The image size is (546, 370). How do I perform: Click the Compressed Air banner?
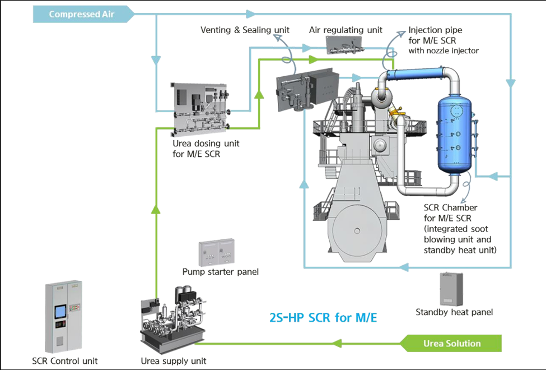click(x=81, y=14)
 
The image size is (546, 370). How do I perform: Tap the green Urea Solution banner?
click(x=451, y=343)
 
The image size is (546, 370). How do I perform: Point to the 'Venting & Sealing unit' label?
click(x=245, y=30)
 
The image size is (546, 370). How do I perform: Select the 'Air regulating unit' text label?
click(x=346, y=30)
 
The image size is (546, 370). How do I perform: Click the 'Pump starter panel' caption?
click(x=221, y=272)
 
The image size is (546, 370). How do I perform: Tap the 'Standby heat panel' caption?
click(x=454, y=312)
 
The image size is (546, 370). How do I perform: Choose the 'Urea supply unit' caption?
click(x=173, y=360)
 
